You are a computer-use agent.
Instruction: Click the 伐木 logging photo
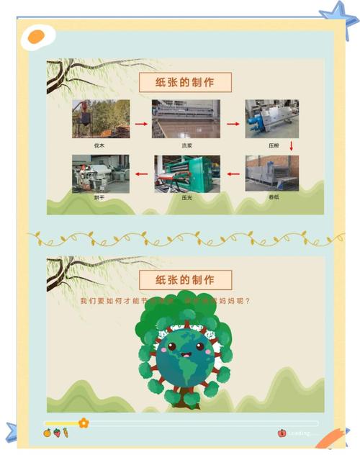point(101,119)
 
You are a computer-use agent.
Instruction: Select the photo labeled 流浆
point(186,119)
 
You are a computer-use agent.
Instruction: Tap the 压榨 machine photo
point(271,119)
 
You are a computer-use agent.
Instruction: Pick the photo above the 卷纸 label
point(271,174)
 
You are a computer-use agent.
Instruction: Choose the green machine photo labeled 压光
point(186,174)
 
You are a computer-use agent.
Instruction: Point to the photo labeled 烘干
point(101,174)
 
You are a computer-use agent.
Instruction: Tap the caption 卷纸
point(274,197)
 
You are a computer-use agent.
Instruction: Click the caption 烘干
point(99,197)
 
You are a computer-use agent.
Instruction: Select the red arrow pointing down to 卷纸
point(292,146)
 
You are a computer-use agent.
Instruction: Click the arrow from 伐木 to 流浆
point(141,124)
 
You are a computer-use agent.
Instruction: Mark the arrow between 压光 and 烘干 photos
point(141,174)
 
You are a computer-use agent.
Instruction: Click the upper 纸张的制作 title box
point(186,81)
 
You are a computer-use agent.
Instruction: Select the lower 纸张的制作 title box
point(186,279)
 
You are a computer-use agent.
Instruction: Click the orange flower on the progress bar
point(84,423)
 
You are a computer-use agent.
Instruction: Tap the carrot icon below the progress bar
point(66,433)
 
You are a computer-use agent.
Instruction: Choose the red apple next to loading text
point(282,433)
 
